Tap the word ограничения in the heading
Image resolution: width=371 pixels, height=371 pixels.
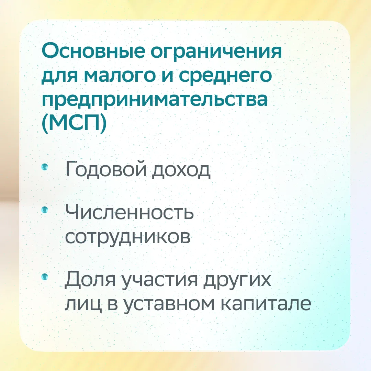coord(216,54)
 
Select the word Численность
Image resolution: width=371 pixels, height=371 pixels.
coord(130,212)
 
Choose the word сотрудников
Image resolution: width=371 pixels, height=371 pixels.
coord(128,237)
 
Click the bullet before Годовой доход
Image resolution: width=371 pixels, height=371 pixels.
coord(44,167)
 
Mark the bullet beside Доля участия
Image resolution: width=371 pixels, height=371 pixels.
coord(44,276)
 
